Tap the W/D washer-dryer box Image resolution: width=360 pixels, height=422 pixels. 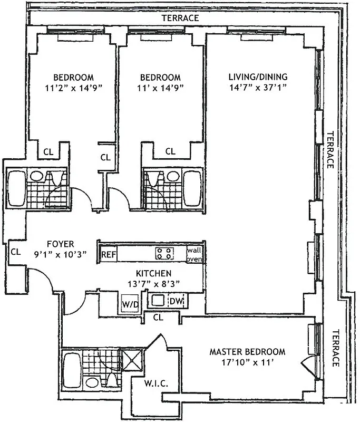(129, 304)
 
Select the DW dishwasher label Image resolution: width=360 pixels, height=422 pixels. (176, 301)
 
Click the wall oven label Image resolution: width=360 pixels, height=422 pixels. (194, 254)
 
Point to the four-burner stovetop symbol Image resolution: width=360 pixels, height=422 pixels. (164, 253)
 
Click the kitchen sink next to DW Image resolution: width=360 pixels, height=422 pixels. (157, 301)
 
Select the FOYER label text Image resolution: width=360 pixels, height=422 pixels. (61, 244)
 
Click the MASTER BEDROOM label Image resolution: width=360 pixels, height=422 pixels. (247, 352)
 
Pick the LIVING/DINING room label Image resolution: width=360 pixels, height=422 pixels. (258, 77)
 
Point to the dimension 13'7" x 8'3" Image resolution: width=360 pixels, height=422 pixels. (153, 284)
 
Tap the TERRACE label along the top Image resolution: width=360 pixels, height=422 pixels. (180, 18)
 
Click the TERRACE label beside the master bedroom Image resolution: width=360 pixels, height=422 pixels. (335, 348)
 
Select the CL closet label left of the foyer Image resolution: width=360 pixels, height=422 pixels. (16, 252)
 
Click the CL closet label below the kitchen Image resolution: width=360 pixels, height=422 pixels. (158, 318)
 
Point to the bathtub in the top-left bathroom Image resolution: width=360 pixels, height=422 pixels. (15, 188)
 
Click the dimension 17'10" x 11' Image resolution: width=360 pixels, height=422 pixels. (247, 363)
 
